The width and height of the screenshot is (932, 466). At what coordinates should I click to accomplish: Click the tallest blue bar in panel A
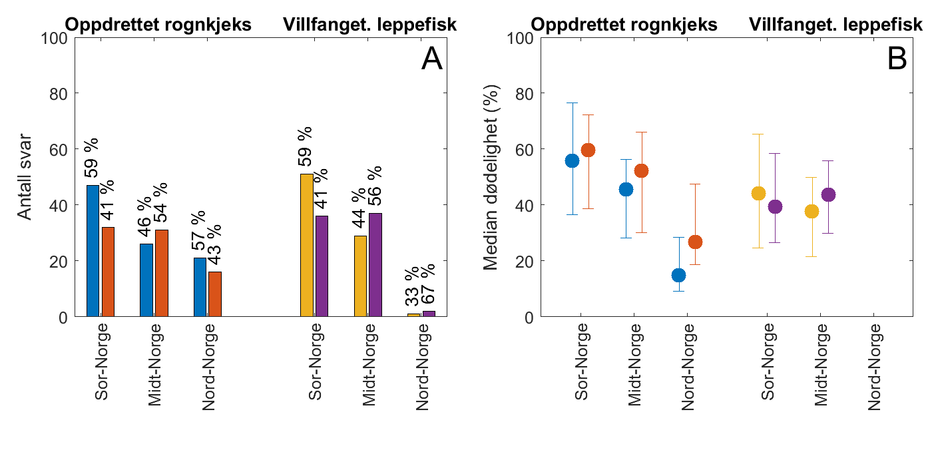pos(93,251)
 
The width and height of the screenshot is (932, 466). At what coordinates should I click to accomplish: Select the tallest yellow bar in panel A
pos(306,246)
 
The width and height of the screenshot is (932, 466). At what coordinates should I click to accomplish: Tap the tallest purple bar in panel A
pos(375,265)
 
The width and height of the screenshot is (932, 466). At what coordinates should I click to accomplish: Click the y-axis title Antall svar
pos(25,177)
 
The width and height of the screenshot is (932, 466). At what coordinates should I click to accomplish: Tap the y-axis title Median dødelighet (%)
pos(491,177)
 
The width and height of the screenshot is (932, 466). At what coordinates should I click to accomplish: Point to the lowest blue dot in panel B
pos(678,275)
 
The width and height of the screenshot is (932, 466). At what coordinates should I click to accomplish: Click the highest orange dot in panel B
pos(588,150)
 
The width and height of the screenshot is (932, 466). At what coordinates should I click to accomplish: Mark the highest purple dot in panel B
pos(828,195)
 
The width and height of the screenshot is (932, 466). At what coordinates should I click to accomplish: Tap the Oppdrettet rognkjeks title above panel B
pos(624,25)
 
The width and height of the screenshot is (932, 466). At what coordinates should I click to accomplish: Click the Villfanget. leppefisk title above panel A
pos(369,25)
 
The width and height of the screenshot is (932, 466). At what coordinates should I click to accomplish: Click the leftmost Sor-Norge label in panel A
pos(102,361)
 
